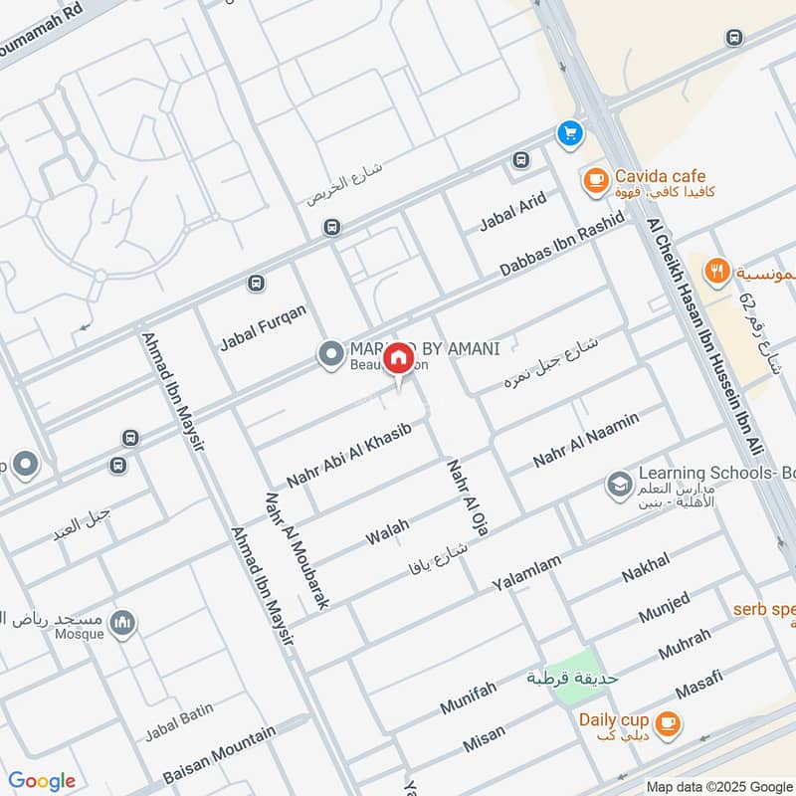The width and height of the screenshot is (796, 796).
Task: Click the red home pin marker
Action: pyautogui.click(x=398, y=358)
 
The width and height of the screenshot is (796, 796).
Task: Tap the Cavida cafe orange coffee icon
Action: pyautogui.click(x=595, y=180)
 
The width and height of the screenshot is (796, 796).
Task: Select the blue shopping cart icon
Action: pyautogui.click(x=569, y=132)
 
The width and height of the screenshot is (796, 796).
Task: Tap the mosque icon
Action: pyautogui.click(x=123, y=624)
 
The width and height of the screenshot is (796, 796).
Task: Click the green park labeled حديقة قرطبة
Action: pyautogui.click(x=576, y=678)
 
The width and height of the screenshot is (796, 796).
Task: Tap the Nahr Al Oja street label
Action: pyautogui.click(x=469, y=498)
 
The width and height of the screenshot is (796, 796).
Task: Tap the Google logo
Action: pyautogui.click(x=42, y=781)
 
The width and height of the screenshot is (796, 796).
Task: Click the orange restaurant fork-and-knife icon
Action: pyautogui.click(x=716, y=270)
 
